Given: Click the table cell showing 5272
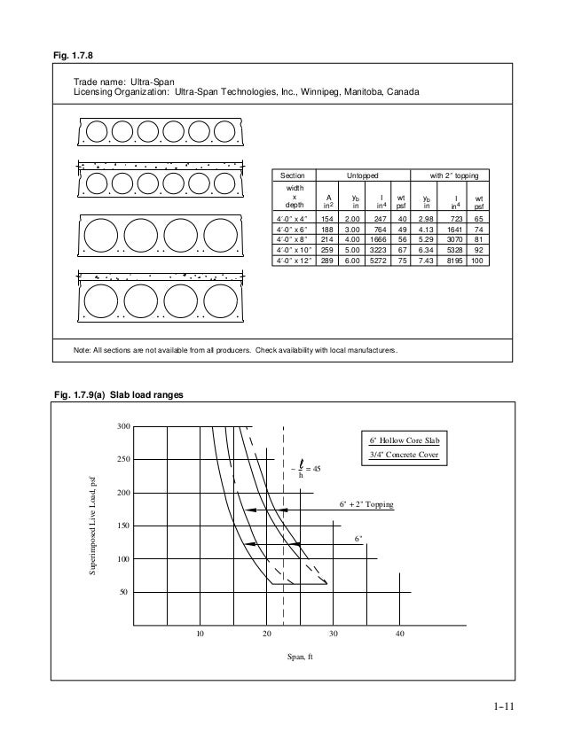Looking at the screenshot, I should coord(377,261).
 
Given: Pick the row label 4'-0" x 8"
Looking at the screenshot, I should coord(291,238).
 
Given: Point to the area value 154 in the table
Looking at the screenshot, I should coord(328,216).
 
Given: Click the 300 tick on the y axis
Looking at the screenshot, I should coord(124,427).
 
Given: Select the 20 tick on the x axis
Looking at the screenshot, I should coord(267,634).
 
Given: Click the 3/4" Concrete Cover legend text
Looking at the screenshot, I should coord(404,456).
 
